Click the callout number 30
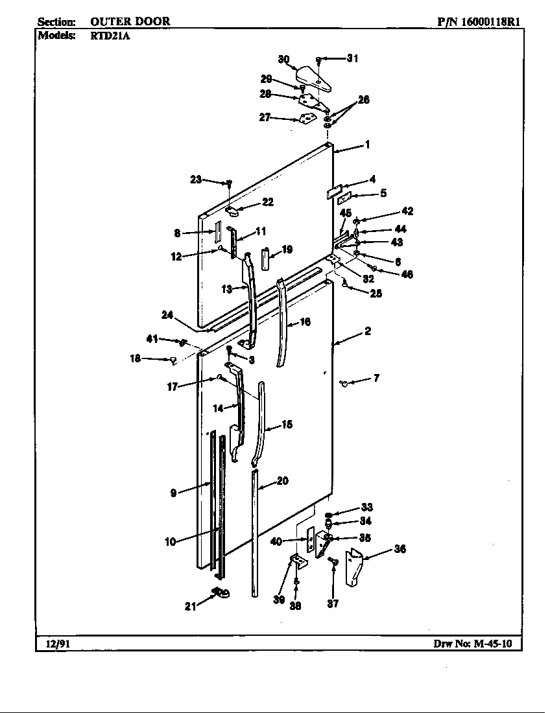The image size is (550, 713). pyautogui.click(x=284, y=60)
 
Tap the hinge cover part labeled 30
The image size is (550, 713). pyautogui.click(x=316, y=76)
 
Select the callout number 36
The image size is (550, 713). pyautogui.click(x=400, y=550)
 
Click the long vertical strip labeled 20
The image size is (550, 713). pyautogui.click(x=255, y=532)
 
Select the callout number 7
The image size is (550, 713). pyautogui.click(x=376, y=378)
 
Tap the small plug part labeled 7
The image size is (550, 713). pyautogui.click(x=344, y=384)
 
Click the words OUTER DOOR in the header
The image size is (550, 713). pyautogui.click(x=130, y=21)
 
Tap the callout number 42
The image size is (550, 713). pyautogui.click(x=407, y=211)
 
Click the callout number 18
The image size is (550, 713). pyautogui.click(x=135, y=358)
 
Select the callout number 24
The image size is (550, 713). pyautogui.click(x=167, y=315)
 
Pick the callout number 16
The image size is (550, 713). pyautogui.click(x=305, y=321)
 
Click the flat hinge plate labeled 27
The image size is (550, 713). pyautogui.click(x=307, y=119)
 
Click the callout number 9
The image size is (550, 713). pyautogui.click(x=173, y=493)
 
